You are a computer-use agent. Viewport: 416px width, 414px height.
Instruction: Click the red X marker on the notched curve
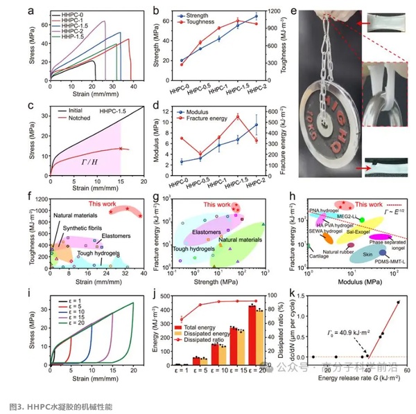click(120, 148)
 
